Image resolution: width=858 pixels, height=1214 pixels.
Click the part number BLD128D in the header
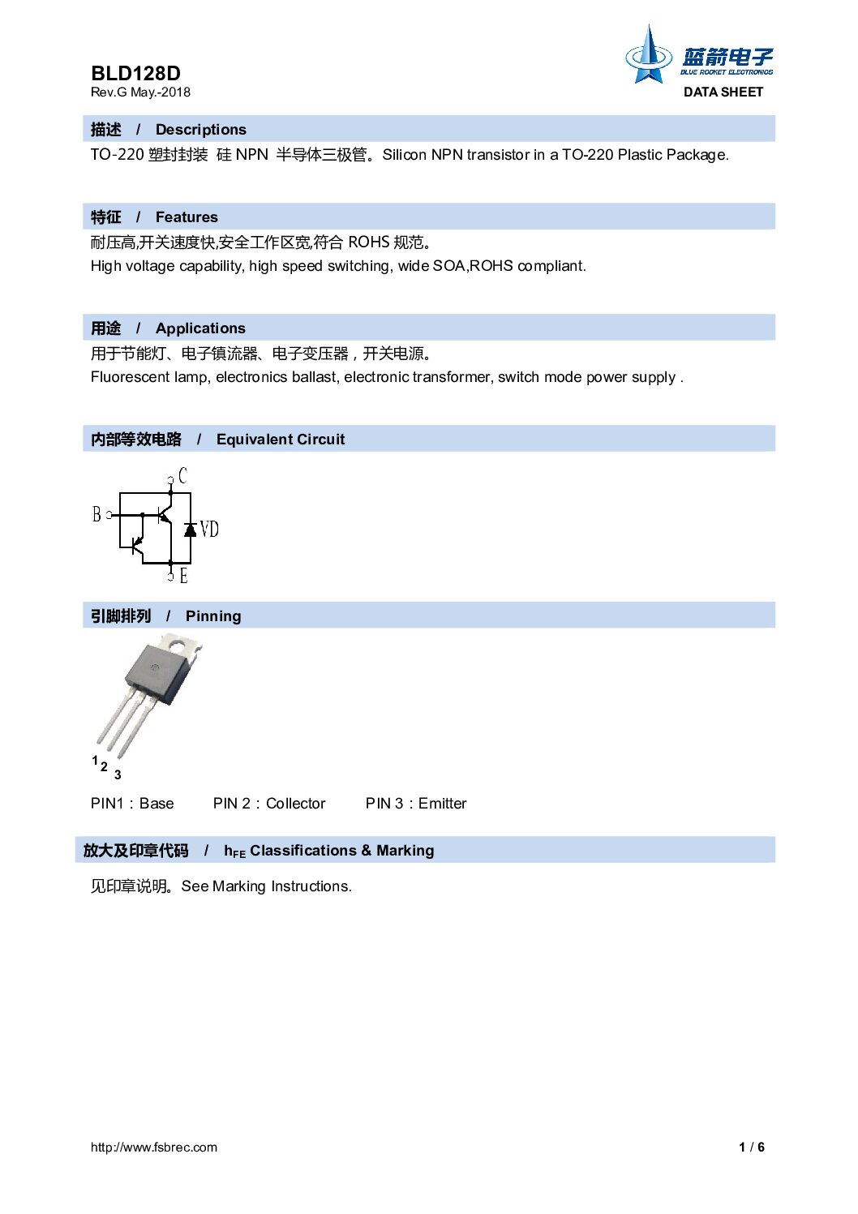pos(135,73)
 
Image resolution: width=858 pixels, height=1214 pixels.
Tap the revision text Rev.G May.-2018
pos(140,92)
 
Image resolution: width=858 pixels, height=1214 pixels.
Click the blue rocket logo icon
pos(648,56)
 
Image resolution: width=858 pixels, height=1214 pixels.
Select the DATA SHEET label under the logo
pos(723,92)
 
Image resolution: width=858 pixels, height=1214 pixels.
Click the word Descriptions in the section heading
pos(200,130)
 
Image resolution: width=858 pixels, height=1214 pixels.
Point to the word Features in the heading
pos(187,217)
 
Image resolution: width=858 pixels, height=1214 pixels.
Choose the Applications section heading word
pos(200,328)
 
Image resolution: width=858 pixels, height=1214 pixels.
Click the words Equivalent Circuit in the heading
pos(280,440)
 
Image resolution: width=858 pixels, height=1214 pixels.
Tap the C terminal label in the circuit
pos(182,476)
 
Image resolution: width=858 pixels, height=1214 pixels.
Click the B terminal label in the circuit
pos(97,514)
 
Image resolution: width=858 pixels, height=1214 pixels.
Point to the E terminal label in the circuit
pos(183,577)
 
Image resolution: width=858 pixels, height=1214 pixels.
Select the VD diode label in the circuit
pos(209,530)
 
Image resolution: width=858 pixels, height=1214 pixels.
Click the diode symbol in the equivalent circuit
pos(191,530)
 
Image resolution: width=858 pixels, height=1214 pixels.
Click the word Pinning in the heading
pos(213,616)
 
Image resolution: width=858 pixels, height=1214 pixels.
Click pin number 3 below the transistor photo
pos(118,775)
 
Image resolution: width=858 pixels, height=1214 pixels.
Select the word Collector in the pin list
pos(295,804)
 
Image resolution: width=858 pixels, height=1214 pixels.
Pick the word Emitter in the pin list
pos(442,804)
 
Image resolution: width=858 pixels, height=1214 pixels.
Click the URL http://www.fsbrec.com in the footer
pos(154,1148)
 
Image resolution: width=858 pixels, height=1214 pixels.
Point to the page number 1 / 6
pos(752,1148)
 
